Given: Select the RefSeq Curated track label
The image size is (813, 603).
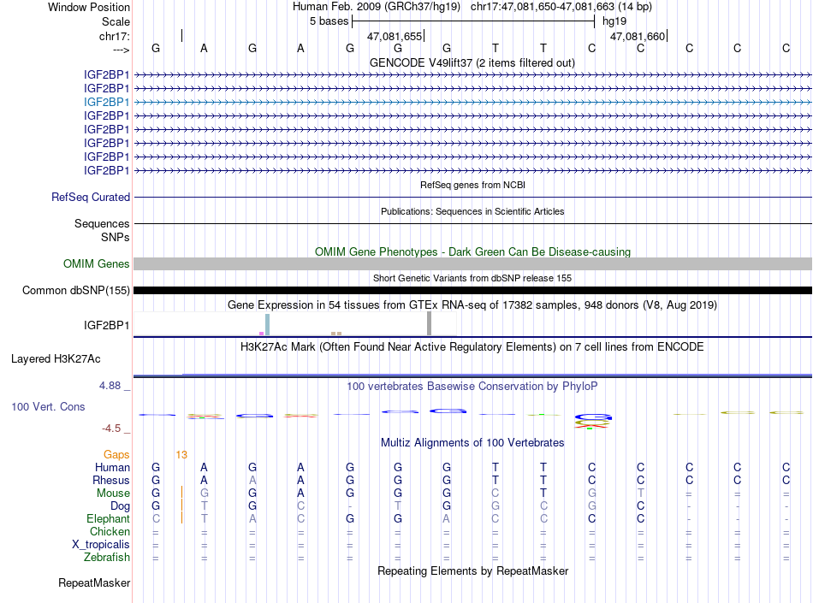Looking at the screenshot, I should pyautogui.click(x=91, y=197).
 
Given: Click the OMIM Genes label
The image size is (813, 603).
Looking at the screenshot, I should pyautogui.click(x=97, y=264).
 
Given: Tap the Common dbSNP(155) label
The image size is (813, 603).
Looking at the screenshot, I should pyautogui.click(x=76, y=291).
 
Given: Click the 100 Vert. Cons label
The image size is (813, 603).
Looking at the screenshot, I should pyautogui.click(x=48, y=406).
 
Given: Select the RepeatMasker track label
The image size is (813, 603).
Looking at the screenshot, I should pyautogui.click(x=94, y=583).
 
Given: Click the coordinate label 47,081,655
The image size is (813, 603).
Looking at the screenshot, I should pyautogui.click(x=395, y=37).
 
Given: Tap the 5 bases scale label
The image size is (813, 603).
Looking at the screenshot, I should pyautogui.click(x=328, y=21).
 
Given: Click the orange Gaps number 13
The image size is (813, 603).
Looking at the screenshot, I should pyautogui.click(x=181, y=454).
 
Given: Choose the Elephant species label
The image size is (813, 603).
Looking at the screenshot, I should pyautogui.click(x=108, y=519).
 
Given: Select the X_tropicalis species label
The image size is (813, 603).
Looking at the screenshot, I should pyautogui.click(x=101, y=545).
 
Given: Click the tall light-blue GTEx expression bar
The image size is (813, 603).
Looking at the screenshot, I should pyautogui.click(x=267, y=324).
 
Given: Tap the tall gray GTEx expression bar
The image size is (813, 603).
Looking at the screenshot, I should pyautogui.click(x=429, y=323).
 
